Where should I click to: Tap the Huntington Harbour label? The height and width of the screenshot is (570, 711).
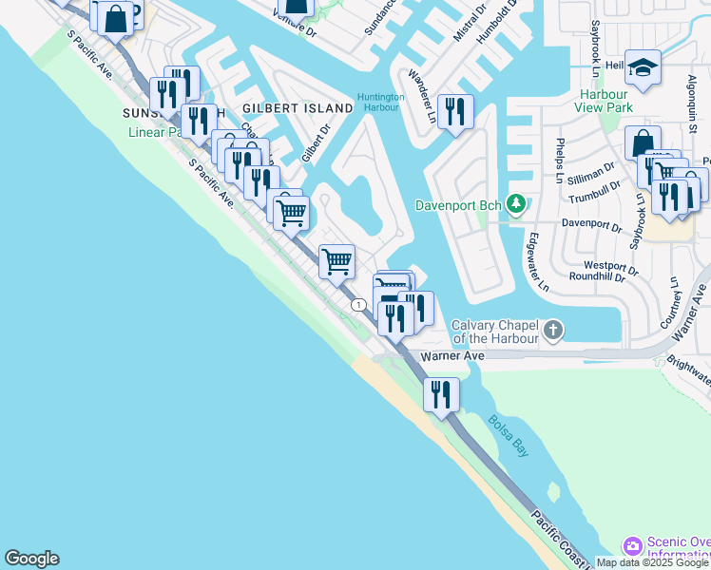(381, 102)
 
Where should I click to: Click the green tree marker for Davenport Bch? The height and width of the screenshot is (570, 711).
(515, 203)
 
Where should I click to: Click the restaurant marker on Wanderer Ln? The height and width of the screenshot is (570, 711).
(455, 112)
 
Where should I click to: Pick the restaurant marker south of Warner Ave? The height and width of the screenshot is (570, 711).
(441, 393)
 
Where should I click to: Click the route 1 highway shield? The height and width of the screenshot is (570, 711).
(357, 304)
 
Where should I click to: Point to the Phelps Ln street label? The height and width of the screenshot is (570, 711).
(560, 161)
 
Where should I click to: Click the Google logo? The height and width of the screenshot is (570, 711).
(31, 559)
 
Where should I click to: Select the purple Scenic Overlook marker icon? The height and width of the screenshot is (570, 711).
(632, 546)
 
